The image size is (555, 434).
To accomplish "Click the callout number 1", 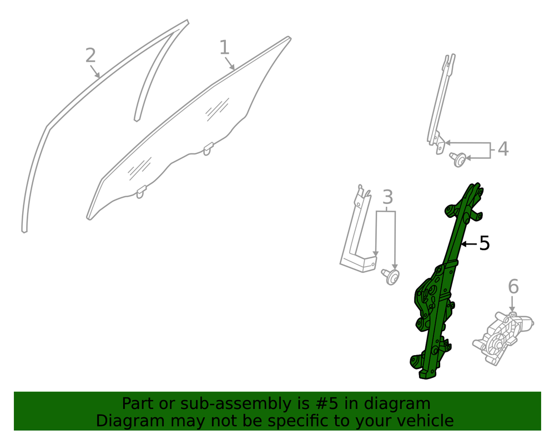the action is (x=224, y=47).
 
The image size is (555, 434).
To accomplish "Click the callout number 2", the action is (x=90, y=56).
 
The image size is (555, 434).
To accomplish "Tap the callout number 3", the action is (x=388, y=197).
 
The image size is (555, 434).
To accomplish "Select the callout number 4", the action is (x=503, y=149).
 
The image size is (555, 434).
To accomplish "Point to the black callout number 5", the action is (x=485, y=243).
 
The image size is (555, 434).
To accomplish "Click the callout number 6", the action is (x=513, y=286).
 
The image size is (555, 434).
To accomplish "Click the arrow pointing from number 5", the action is (x=469, y=244).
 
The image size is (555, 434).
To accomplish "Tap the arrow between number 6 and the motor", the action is (x=512, y=304).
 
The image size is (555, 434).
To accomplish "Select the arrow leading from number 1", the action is (x=229, y=63).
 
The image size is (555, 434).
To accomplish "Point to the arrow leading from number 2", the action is (x=94, y=72).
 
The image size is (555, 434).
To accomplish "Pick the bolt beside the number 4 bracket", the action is (x=458, y=159).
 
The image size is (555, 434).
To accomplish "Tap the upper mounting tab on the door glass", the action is (x=208, y=149).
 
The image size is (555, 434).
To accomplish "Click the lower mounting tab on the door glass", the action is (x=141, y=192).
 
